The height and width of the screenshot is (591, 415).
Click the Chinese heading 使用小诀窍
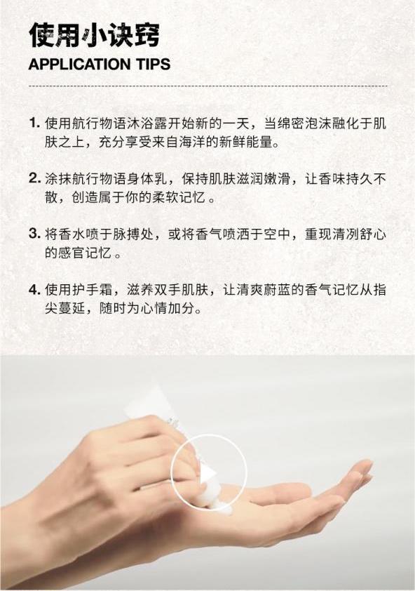pyautogui.click(x=94, y=35)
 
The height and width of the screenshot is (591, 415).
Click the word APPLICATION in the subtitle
pyautogui.click(x=74, y=64)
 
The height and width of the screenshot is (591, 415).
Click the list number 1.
pyautogui.click(x=34, y=124)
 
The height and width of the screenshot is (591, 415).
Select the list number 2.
pyautogui.click(x=34, y=178)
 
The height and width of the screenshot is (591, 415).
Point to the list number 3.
pyautogui.click(x=34, y=234)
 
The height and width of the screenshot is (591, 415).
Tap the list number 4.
pyautogui.click(x=34, y=289)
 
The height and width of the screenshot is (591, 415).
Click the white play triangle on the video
pyautogui.click(x=207, y=474)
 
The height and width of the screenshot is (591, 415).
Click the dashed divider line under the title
pyautogui.click(x=208, y=86)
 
